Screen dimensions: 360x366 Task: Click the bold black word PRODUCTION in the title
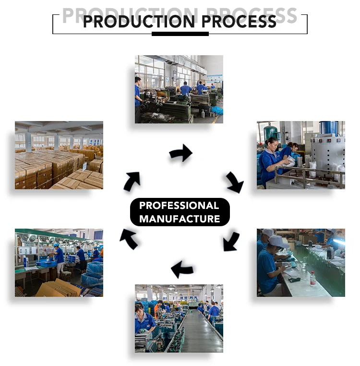(139, 22)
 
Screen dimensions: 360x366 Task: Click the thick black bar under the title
(180, 34)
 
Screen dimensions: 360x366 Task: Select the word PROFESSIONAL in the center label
(179, 206)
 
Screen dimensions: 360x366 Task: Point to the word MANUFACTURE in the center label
(180, 219)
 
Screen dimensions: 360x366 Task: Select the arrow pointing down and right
(235, 183)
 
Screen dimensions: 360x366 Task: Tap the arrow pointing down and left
(231, 241)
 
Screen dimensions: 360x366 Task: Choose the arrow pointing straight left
(182, 269)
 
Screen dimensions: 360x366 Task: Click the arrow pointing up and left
(128, 239)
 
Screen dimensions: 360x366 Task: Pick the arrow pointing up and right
(132, 181)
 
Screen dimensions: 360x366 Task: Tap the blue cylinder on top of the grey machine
(329, 128)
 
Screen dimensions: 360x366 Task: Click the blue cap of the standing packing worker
(56, 244)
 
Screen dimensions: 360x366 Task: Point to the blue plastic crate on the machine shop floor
(217, 110)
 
